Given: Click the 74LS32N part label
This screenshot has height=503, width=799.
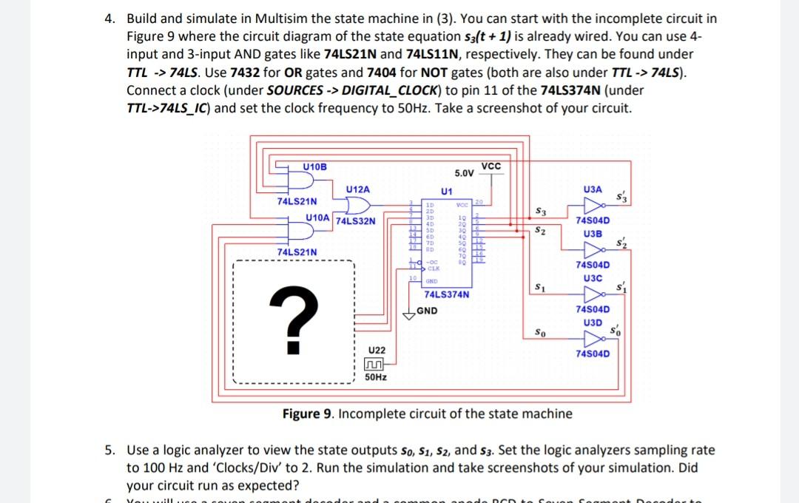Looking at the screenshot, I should (355, 220).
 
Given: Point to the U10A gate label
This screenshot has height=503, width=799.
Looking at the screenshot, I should (318, 217).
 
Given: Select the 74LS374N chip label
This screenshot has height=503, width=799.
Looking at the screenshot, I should (447, 294).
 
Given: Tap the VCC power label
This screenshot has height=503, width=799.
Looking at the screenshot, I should (490, 166).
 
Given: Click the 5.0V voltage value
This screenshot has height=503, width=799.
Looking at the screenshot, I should (465, 173).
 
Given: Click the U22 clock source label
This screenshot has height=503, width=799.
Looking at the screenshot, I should (377, 349).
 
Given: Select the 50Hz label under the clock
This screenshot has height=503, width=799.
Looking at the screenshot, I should (377, 377).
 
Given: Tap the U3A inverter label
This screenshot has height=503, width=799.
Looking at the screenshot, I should (593, 190).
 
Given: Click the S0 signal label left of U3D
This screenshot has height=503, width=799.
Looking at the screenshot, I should (541, 334).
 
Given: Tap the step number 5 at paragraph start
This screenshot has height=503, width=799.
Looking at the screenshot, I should (107, 450).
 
